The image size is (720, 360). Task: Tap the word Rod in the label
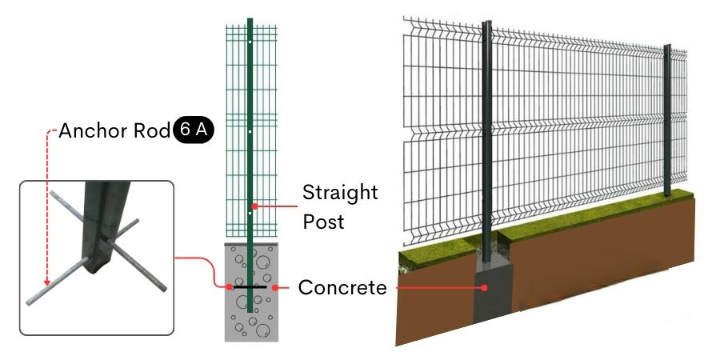152,131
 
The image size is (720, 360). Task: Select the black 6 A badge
194,130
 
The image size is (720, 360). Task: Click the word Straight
340,193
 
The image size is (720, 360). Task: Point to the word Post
323,222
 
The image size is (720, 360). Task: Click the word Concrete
342,288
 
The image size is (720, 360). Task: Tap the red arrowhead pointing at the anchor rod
46,282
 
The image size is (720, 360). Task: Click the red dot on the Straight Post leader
254,206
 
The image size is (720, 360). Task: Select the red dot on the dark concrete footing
484,288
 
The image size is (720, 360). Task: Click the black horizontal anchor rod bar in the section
250,287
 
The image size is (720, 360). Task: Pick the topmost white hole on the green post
250,42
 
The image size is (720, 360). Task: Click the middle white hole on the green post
250,132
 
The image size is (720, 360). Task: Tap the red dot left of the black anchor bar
229,287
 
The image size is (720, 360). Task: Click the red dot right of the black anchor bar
274,287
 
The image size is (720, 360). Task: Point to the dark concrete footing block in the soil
493,293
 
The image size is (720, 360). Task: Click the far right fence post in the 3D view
667,120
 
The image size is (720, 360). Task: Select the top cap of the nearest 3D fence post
486,22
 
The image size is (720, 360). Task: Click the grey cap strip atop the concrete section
251,244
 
